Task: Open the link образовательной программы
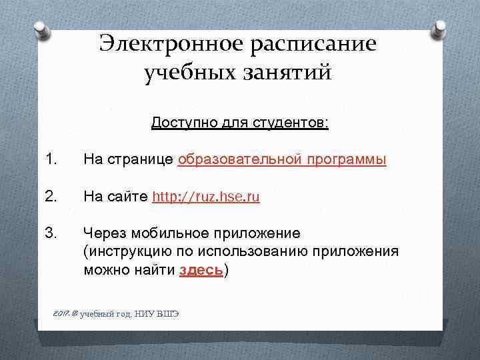pos(282,161)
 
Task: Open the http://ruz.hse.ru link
pos(206,197)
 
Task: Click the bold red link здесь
pos(201,271)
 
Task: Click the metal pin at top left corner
pos(39,30)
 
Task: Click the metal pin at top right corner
pos(441,29)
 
